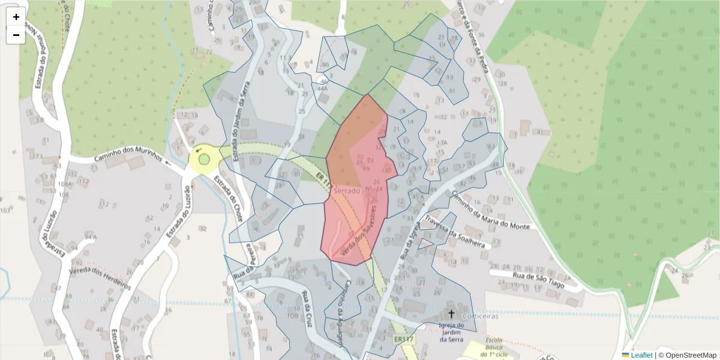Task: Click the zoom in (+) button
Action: pos(16,17)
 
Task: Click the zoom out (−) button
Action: pos(16,35)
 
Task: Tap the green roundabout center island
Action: pos(204,160)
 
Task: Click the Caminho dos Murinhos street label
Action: pos(128,157)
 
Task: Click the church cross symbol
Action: pos(451,314)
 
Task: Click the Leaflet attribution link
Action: pos(641,355)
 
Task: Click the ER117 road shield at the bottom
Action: pos(404,340)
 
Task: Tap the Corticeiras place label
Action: pos(478,316)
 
